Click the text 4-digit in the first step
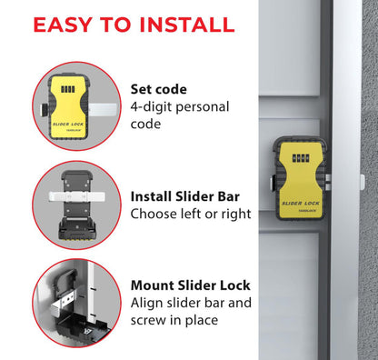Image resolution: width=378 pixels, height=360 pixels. point(155,107)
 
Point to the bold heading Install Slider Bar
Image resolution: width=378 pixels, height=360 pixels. point(190,196)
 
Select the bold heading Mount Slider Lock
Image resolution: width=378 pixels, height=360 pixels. point(190,285)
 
